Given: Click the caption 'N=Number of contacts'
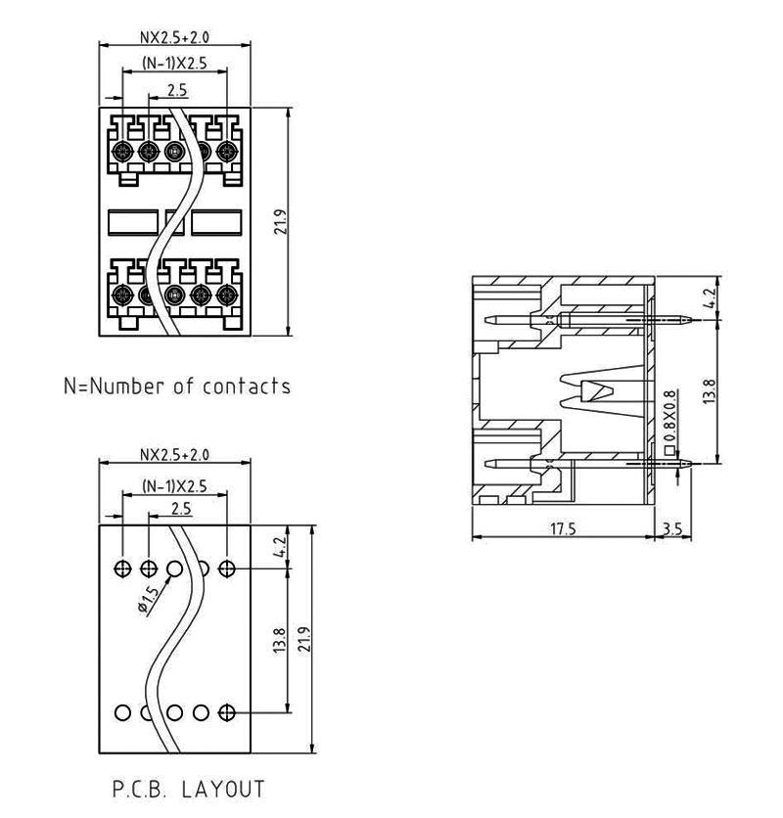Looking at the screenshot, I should coord(177,386).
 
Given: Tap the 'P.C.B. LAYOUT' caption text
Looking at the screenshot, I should coord(189,789).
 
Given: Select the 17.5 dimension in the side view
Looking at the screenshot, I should coord(563,528).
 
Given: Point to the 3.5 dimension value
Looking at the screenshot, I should coord(672,528).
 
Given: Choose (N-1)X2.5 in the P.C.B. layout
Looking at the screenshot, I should coord(174,485).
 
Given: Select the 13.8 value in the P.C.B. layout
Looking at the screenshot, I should coord(279,641).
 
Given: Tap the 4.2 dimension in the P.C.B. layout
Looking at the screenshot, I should coord(278,547).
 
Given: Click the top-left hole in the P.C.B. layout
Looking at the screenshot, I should coord(122,568).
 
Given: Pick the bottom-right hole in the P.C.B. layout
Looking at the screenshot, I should coord(228,712).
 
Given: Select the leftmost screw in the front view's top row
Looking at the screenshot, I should coord(123,151).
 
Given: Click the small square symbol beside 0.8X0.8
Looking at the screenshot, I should coord(669,452).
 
